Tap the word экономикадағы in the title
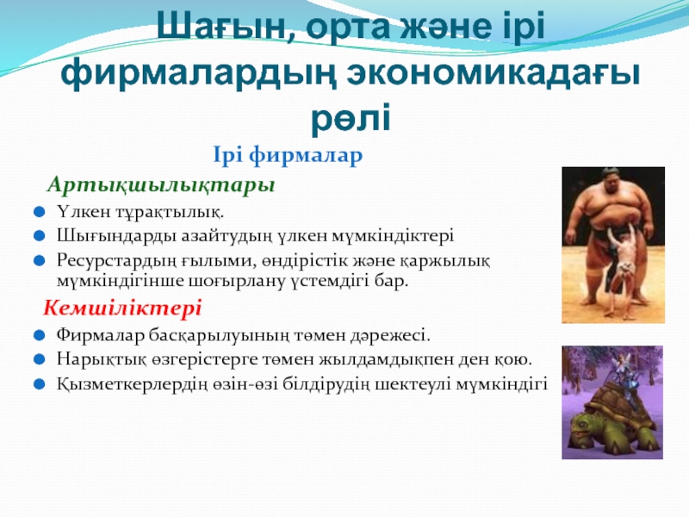tap(493, 76)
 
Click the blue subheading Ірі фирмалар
tap(288, 155)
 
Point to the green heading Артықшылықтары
tap(161, 184)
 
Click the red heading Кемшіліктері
tap(122, 308)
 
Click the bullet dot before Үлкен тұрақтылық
tap(39, 212)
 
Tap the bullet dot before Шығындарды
tap(39, 236)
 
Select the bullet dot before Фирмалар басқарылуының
tap(39, 336)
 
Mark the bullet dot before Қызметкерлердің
tap(39, 384)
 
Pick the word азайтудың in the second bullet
tap(226, 236)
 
